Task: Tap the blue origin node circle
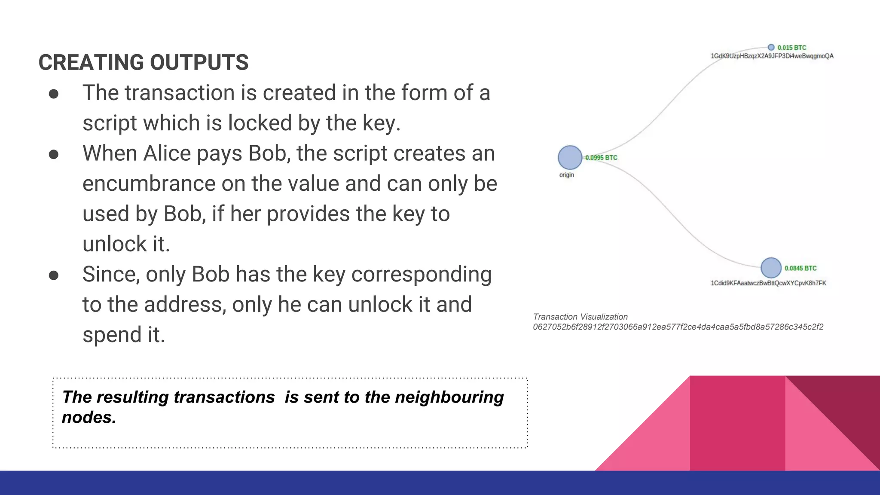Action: coord(570,157)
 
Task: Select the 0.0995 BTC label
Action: coord(601,158)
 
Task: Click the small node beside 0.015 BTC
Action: coord(771,47)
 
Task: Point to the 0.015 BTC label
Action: coord(791,48)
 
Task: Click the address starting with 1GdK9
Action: coord(772,56)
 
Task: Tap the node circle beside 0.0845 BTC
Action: coord(771,268)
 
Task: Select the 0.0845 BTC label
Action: coord(800,268)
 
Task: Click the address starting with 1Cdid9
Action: coord(768,283)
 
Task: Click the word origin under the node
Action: coord(566,175)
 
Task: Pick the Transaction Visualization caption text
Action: coord(580,317)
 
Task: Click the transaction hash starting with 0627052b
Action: coord(678,327)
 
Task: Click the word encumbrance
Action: coord(149,184)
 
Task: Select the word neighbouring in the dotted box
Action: coord(449,397)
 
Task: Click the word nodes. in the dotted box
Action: coord(89,417)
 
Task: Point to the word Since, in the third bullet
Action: coord(111,275)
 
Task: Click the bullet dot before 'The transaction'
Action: coord(54,94)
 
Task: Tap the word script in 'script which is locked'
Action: coord(110,123)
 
